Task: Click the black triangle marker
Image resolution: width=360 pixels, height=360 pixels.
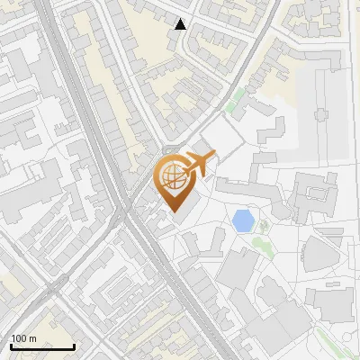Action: point(181,24)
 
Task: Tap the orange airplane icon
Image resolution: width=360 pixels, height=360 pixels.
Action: point(198,164)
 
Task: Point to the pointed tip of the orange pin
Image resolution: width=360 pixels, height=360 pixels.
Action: point(174,212)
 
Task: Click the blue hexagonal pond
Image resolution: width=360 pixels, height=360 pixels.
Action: point(242,220)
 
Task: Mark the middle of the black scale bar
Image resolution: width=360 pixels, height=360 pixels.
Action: point(42,346)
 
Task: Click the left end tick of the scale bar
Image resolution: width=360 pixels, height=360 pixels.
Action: point(11,346)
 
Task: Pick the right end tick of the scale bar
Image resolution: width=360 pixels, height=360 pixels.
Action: point(74,346)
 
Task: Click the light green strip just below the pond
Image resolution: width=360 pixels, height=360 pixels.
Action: point(261,245)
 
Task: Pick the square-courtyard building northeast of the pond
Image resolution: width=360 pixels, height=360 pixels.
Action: point(310,193)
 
